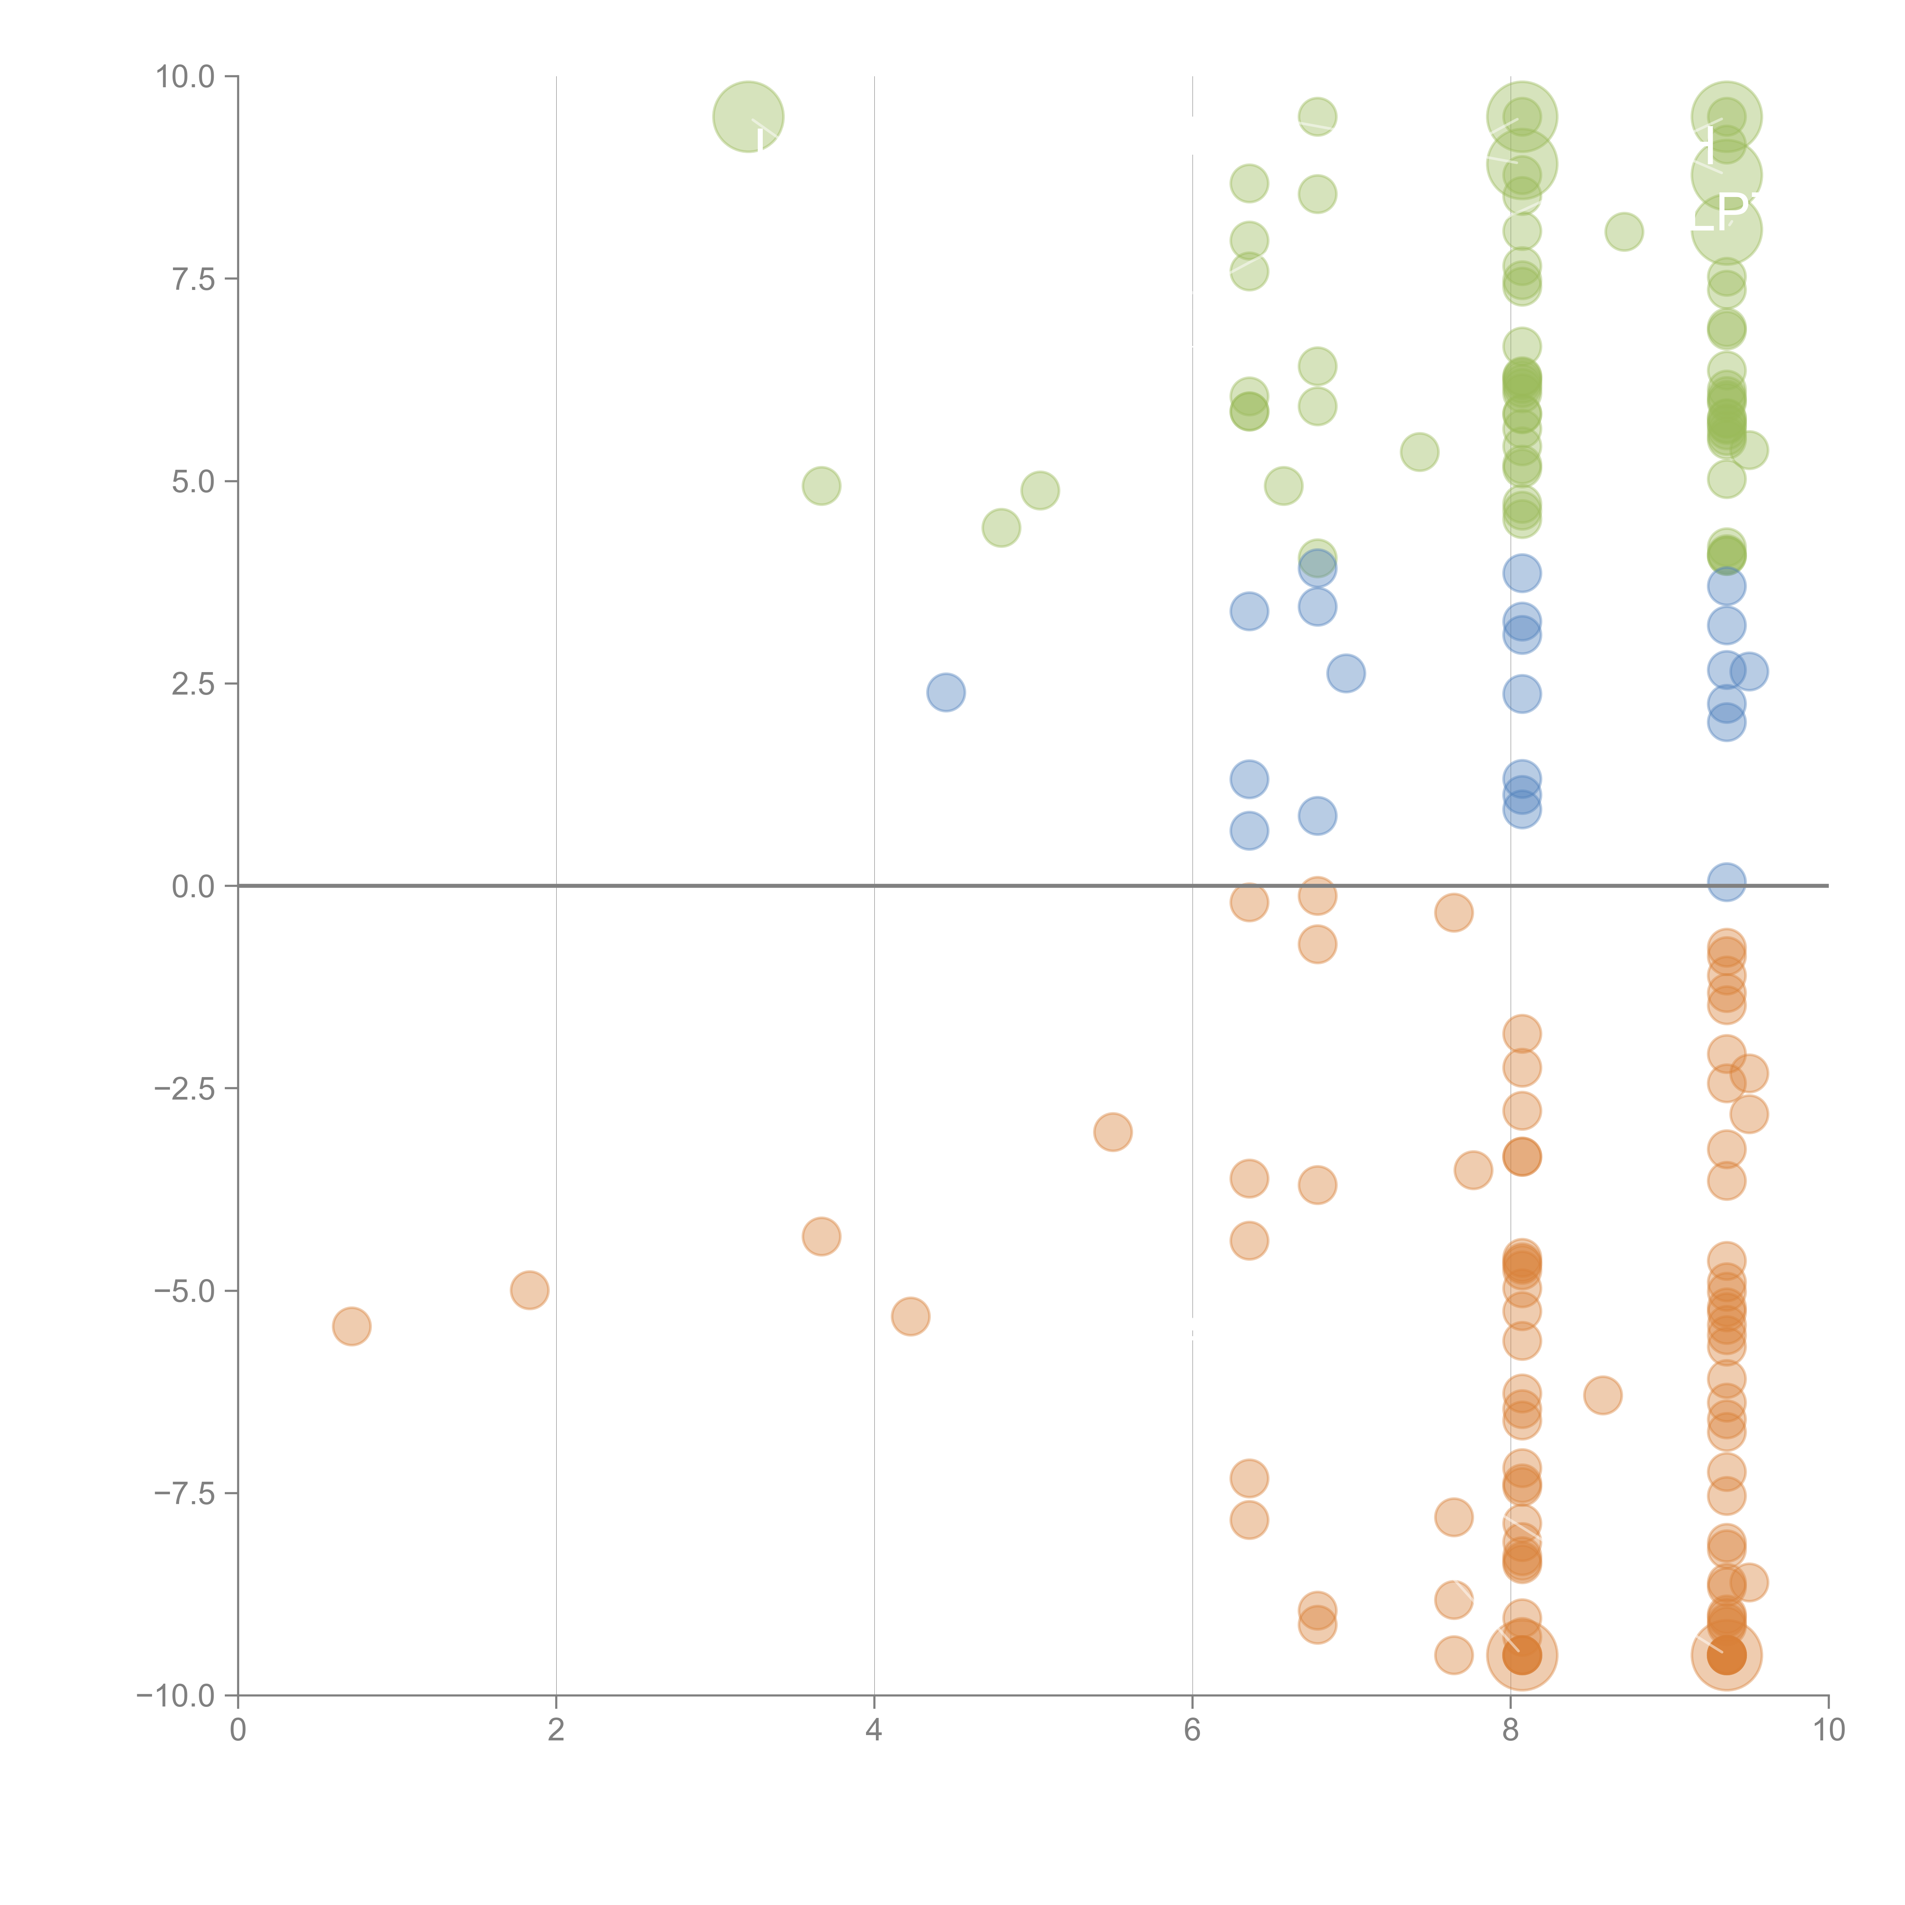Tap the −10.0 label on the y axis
(176, 1696)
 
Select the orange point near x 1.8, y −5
(530, 1290)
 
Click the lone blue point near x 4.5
(946, 692)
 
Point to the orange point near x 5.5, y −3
(1112, 1132)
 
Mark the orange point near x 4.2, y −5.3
(910, 1316)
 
